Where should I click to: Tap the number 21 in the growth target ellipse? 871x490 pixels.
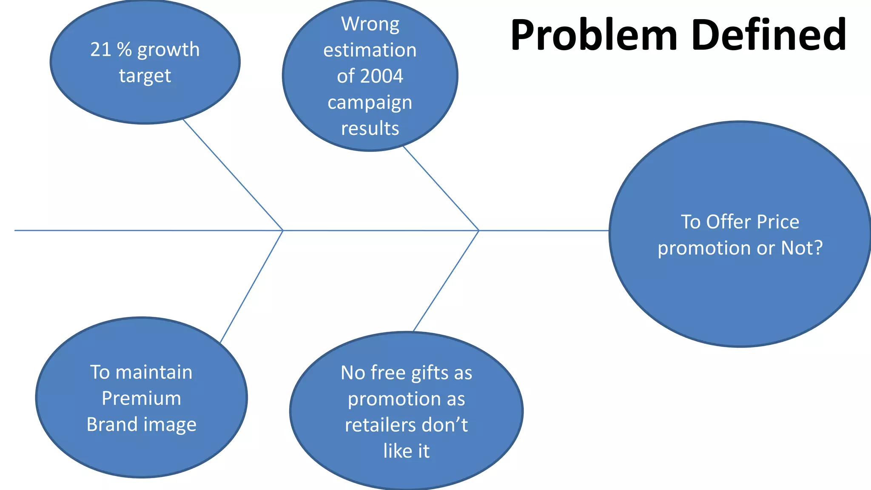100,50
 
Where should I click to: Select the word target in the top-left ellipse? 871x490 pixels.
145,76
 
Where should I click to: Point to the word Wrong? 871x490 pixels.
370,24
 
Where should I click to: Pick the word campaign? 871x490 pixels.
370,103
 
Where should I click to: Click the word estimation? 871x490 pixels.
370,50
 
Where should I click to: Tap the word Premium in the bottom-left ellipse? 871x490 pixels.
141,399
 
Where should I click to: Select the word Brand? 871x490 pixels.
111,424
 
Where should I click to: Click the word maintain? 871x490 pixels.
154,372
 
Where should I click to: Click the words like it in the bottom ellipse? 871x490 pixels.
406,451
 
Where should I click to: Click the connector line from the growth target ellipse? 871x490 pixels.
233,175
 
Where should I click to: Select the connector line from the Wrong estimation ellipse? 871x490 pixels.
441,188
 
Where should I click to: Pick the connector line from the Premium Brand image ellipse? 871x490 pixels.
251,287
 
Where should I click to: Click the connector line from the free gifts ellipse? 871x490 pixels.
446,281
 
